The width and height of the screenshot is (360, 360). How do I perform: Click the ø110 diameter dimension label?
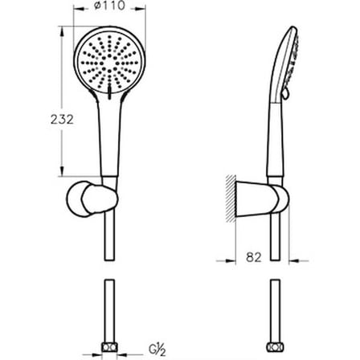tap(109, 6)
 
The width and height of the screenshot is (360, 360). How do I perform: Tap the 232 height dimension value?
tap(62, 119)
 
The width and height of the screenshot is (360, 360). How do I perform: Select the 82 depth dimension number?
tap(253, 257)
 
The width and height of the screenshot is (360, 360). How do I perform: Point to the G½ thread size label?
tap(157, 350)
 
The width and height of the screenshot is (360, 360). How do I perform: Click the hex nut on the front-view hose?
tap(109, 347)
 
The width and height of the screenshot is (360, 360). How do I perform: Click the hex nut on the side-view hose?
tap(275, 347)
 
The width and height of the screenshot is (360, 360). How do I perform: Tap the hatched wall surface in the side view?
tap(231, 198)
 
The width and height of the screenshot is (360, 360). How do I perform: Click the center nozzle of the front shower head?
tap(109, 63)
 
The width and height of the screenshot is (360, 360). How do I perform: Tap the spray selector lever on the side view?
tap(285, 93)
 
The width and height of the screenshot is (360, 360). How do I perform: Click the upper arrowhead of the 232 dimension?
tap(62, 31)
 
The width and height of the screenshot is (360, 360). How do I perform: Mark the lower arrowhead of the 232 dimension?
tap(62, 171)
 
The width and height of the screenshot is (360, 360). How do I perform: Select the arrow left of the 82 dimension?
tap(226, 260)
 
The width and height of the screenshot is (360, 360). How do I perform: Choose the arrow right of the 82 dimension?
tap(299, 260)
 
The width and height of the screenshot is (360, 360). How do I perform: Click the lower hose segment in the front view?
tap(109, 311)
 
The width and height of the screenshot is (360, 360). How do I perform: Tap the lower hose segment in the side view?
tap(275, 311)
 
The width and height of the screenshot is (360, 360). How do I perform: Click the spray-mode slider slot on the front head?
tap(109, 92)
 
